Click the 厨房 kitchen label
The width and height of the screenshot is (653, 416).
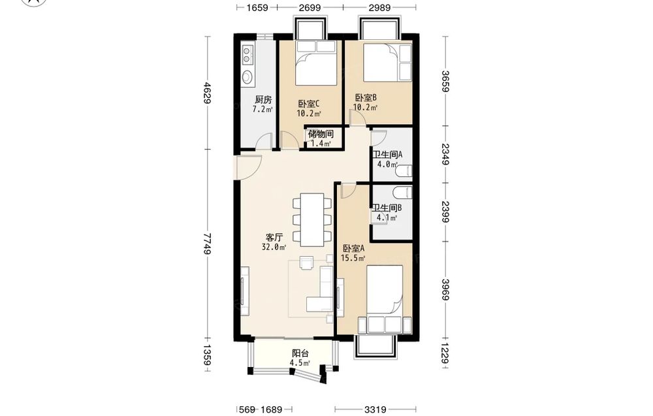pyautogui.click(x=263, y=100)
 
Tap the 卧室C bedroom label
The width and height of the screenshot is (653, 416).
pyautogui.click(x=309, y=104)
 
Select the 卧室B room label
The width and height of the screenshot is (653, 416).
pyautogui.click(x=366, y=98)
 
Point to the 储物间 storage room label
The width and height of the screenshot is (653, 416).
pyautogui.click(x=321, y=134)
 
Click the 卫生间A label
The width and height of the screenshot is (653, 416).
pyautogui.click(x=387, y=155)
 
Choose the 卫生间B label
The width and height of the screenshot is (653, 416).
pyautogui.click(x=387, y=208)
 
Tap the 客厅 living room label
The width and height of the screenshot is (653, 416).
pyautogui.click(x=274, y=238)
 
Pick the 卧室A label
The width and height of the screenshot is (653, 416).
pyautogui.click(x=353, y=249)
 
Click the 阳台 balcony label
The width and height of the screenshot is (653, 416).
pyautogui.click(x=300, y=353)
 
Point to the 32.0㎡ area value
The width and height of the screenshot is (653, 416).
pyautogui.click(x=274, y=248)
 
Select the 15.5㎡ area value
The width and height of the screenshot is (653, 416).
pyautogui.click(x=353, y=258)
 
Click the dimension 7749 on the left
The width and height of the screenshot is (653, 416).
pyautogui.click(x=208, y=243)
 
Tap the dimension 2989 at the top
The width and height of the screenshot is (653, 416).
pyautogui.click(x=379, y=7)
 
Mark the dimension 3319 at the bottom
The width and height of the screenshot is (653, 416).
pyautogui.click(x=375, y=409)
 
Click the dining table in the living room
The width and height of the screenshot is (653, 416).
pyautogui.click(x=313, y=219)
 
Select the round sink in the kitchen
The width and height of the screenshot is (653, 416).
pyautogui.click(x=247, y=77)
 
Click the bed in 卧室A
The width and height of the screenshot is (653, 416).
pyautogui.click(x=385, y=299)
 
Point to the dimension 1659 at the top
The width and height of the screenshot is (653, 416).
pyautogui.click(x=257, y=7)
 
